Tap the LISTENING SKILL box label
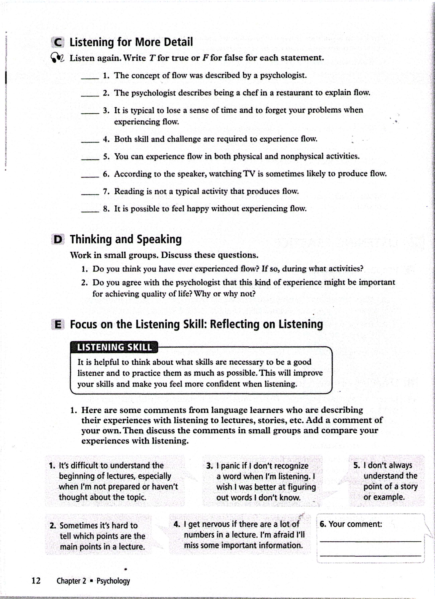click(114, 347)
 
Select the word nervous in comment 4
click(209, 524)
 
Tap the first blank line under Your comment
click(370, 541)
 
